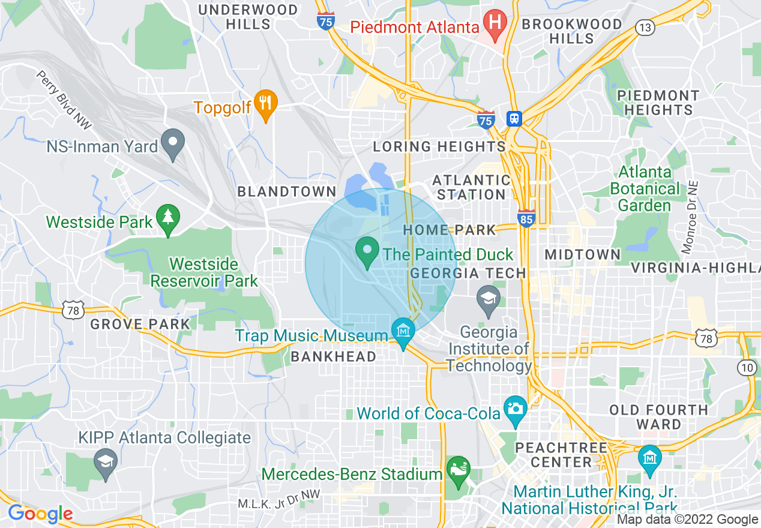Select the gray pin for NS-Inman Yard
point(174,143)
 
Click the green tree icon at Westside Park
point(167,218)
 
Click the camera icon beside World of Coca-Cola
point(515,409)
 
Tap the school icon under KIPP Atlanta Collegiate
point(106,463)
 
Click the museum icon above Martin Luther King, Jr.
point(649,458)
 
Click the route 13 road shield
point(646,27)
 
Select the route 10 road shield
point(747,367)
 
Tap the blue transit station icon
point(514,119)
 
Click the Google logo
point(40,514)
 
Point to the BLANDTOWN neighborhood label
point(287,192)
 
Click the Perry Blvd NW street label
point(64,100)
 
